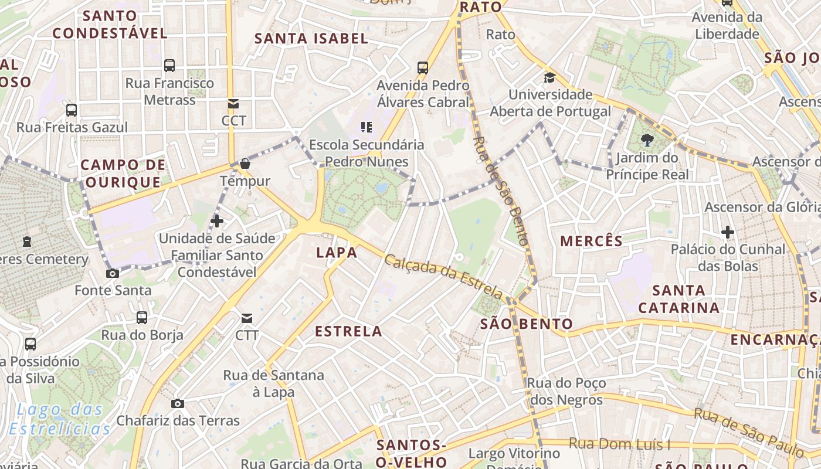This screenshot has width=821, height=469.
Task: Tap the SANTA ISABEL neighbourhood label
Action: point(311,39)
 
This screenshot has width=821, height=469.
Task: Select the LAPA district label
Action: point(337,253)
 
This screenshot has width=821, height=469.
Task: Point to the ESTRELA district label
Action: point(348,331)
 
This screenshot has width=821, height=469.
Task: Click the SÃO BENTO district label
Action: point(527,324)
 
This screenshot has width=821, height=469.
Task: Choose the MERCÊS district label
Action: point(591,241)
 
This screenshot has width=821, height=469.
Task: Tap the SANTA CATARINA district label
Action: point(678,299)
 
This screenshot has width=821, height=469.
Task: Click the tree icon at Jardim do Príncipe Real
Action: point(647,140)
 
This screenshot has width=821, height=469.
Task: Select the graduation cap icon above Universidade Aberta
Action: point(549,77)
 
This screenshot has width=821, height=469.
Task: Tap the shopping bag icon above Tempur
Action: point(245,164)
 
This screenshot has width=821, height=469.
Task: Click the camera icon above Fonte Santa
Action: point(112,273)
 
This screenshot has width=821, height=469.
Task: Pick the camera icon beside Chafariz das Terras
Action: point(177,403)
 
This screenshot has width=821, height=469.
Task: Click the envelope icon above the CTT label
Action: point(247,318)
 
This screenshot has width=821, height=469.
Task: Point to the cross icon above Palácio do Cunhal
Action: point(728,232)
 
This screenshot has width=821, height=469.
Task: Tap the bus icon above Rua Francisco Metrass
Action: point(169,65)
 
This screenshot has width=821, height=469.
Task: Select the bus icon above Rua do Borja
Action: point(142,318)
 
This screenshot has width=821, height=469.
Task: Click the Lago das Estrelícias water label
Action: point(60,419)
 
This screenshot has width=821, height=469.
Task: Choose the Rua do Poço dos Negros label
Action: point(565,392)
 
